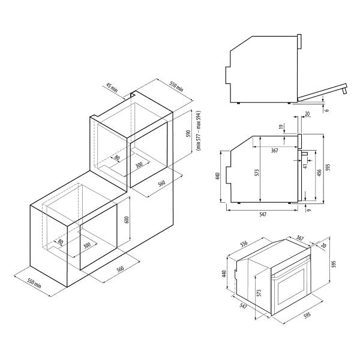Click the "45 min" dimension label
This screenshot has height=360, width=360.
pos(112,87)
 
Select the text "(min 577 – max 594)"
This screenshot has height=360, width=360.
pos(199,130)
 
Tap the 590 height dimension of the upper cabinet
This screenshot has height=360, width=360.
pos(188,133)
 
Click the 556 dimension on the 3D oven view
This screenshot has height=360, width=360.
pos(244,244)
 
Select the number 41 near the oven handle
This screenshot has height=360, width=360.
pos(305,166)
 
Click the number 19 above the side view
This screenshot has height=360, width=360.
pos(281,126)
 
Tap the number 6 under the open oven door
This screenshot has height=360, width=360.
pos(327,110)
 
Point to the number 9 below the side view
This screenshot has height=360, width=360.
pos(309,210)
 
